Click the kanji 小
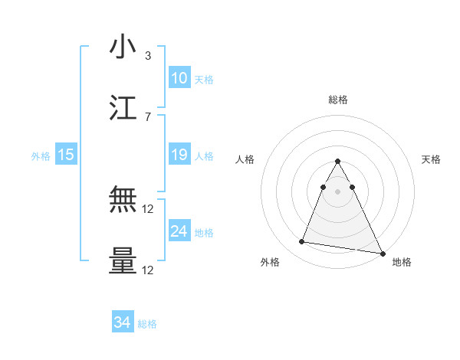pyautogui.click(x=123, y=47)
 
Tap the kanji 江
pyautogui.click(x=123, y=108)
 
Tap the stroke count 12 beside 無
pyautogui.click(x=148, y=209)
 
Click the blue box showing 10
pyautogui.click(x=179, y=77)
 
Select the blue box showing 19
pyautogui.click(x=179, y=155)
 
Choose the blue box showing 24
pyautogui.click(x=179, y=231)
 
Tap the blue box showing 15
pyautogui.click(x=66, y=155)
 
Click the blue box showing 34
pyautogui.click(x=123, y=322)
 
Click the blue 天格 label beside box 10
pyautogui.click(x=204, y=79)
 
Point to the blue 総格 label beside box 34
pyautogui.click(x=147, y=324)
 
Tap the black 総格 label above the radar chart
pyautogui.click(x=338, y=100)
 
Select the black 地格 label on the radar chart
pyautogui.click(x=402, y=262)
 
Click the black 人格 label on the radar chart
pyautogui.click(x=245, y=159)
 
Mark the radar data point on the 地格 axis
pyautogui.click(x=383, y=254)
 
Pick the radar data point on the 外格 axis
pyautogui.click(x=302, y=242)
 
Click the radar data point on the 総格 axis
pyautogui.click(x=338, y=162)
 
